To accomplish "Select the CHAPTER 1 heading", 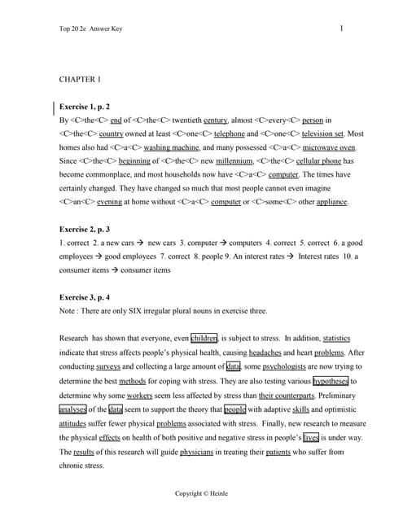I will click(81, 80).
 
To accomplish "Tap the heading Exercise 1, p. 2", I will click(90, 107).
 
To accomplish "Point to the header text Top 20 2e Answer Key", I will click(94, 32).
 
